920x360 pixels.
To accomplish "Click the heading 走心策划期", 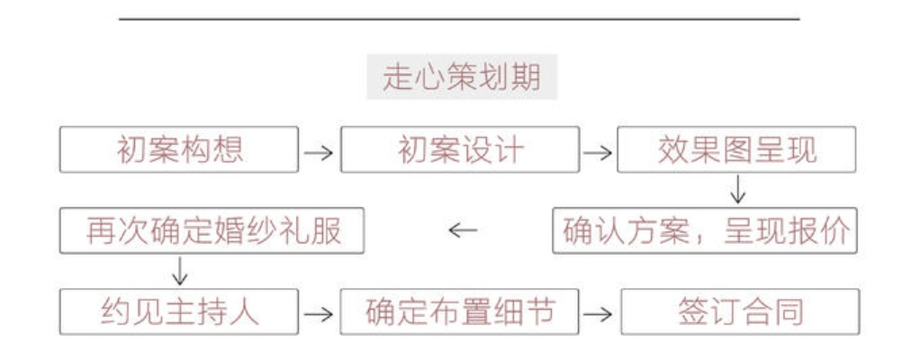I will pos(461,79).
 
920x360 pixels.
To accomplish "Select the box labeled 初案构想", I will pos(179,149).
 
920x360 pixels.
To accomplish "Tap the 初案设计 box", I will pos(459,149).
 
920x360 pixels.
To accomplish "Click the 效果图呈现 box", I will pos(737,149).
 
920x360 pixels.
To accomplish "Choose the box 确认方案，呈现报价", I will pos(706,231).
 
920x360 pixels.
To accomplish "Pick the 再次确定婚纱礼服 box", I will pos(212,231).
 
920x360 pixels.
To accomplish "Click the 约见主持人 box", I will pos(179,311).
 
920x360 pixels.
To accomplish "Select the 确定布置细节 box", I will pos(459,311).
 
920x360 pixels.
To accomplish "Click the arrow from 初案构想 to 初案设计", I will pos(319,152).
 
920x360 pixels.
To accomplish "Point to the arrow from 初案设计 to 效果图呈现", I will pos(598,152).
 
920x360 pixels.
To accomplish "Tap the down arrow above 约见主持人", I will pos(179,271).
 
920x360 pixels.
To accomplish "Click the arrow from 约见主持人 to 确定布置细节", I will pos(319,314).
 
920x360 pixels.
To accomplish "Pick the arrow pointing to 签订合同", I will pos(598,314).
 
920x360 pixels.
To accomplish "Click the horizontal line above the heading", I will pos(459,18).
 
